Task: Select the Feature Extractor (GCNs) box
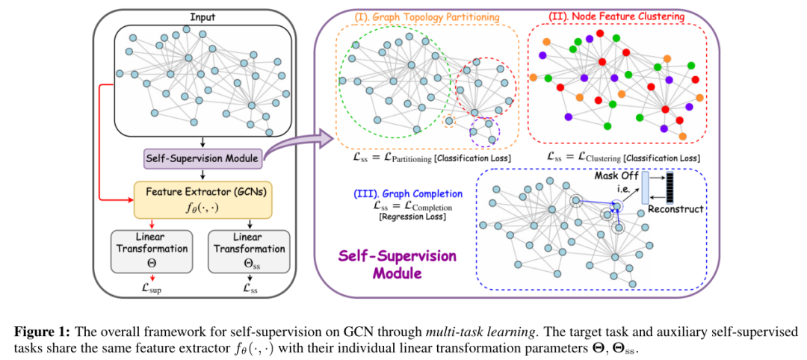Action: click(203, 199)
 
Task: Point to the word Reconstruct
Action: click(675, 209)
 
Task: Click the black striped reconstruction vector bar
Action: click(670, 187)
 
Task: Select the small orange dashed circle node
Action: click(450, 122)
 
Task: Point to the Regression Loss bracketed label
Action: click(409, 217)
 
